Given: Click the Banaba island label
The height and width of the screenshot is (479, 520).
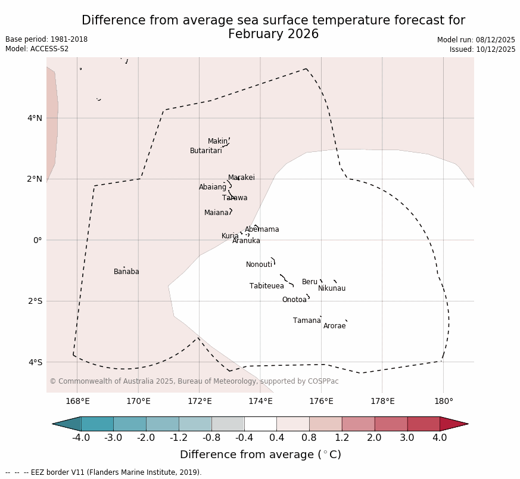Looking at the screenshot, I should coord(126,272).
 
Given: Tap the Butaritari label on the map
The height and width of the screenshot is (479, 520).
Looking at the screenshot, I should coord(206,151).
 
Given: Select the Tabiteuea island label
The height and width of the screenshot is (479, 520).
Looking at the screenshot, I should coord(267,286).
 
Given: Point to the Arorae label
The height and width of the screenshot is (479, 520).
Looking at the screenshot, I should coord(335,326).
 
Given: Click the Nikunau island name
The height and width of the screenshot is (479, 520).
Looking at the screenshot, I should coord(332,288).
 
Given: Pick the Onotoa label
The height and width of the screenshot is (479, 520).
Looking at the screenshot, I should coord(294,300).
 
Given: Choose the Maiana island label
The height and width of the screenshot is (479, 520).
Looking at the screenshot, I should coord(216,213).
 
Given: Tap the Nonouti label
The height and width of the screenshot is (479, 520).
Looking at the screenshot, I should coord(259,265).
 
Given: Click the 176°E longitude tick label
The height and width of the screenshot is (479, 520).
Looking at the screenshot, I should coord(321,401).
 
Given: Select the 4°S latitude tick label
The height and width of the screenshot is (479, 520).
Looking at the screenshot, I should coord(35,362).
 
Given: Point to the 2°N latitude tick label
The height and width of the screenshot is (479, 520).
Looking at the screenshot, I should coord(35,179).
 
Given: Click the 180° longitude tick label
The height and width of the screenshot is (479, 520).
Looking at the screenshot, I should coord(443,401).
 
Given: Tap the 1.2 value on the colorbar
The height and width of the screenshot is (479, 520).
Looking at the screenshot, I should coord(342,438).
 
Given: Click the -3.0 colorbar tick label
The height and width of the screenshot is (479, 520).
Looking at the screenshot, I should coord(113,438).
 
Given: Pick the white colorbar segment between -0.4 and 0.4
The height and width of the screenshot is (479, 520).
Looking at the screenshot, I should coord(260,424).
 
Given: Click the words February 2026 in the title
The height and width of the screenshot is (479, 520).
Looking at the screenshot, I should coord(273,34).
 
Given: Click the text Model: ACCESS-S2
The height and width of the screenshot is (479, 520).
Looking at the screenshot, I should coord(37,49).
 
